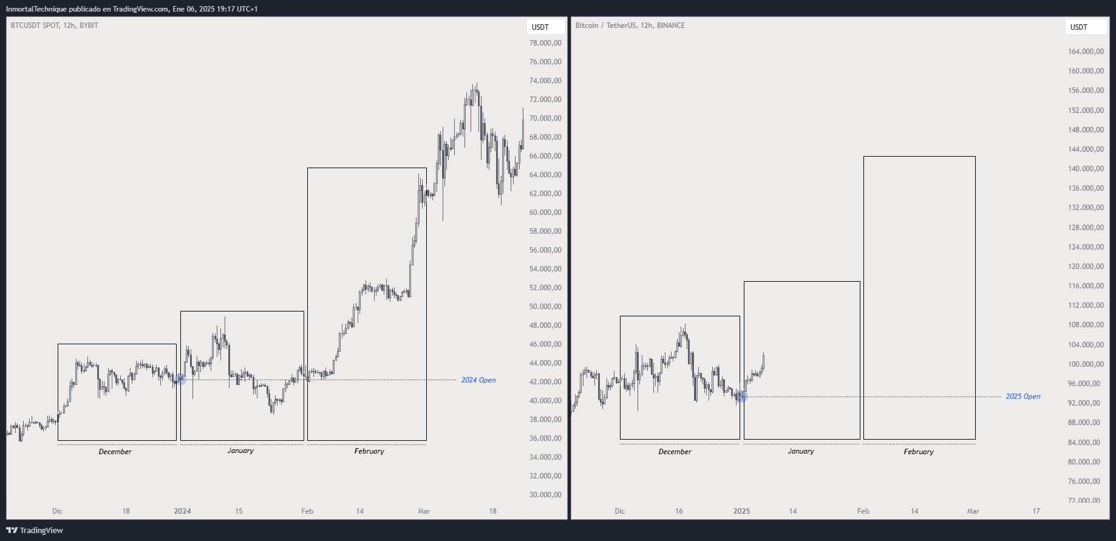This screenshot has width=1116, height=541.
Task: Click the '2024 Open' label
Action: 478,380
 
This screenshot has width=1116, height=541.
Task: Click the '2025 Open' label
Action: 1022,396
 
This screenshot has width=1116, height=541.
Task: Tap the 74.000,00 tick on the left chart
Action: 545,81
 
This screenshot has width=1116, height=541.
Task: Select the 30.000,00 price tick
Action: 545,495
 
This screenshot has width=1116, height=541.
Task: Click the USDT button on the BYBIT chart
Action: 540,27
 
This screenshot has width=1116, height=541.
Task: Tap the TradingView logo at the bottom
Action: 35,530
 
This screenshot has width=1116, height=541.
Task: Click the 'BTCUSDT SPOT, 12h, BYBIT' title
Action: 54,26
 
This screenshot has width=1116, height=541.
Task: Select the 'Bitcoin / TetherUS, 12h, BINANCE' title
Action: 630,26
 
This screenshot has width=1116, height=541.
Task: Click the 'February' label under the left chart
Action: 369,451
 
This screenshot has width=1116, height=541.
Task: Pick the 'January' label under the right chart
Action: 800,451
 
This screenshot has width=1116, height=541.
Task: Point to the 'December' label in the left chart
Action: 115,452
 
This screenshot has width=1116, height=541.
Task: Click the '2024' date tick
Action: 182,511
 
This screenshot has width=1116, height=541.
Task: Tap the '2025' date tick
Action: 741,511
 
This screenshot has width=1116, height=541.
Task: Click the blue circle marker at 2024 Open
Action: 180,379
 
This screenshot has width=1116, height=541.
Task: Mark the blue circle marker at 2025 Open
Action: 741,396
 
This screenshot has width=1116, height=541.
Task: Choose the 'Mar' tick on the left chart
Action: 424,511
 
